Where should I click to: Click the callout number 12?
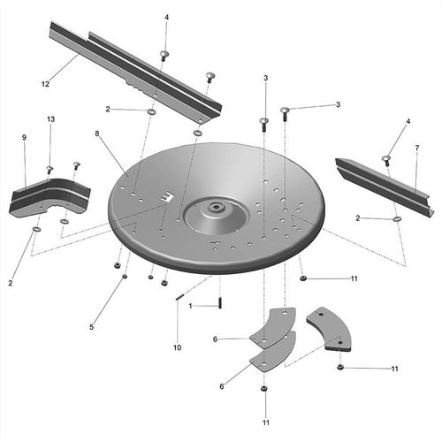click(45, 84)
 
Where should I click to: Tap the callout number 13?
click(50, 119)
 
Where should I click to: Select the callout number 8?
click(97, 133)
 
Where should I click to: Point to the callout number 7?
click(417, 149)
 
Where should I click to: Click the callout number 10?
click(177, 347)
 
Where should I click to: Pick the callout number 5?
click(92, 327)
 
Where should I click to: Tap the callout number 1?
click(190, 307)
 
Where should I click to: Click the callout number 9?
click(24, 137)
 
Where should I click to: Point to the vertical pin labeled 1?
click(220, 303)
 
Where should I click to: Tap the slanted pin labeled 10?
click(179, 297)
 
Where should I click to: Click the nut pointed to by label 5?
click(125, 276)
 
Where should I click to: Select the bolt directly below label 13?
click(50, 170)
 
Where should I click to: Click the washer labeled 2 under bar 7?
click(397, 219)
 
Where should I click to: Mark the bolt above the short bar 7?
click(386, 160)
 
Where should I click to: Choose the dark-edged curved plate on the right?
click(329, 329)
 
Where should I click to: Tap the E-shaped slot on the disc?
click(168, 196)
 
